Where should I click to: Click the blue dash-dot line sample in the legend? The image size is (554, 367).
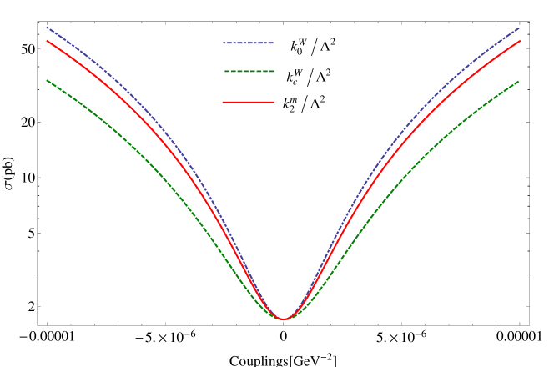(248, 43)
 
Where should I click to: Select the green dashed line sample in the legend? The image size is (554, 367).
(249, 72)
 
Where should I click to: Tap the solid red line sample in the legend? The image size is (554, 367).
(248, 102)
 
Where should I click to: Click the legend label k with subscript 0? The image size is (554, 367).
(297, 47)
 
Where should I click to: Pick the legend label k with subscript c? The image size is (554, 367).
(294, 77)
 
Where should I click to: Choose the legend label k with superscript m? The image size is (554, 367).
(289, 104)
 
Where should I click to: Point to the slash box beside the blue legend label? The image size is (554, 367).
(314, 48)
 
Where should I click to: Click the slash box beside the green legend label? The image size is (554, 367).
(310, 78)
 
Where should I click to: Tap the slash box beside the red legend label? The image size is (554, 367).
(304, 104)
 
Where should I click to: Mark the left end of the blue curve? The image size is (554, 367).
(47, 27)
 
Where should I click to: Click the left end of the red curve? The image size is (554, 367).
(47, 40)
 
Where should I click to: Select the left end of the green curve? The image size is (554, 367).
(47, 80)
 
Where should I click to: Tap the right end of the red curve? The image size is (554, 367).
(520, 40)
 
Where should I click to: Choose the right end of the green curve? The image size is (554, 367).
(520, 81)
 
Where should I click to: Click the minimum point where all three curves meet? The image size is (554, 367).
(284, 319)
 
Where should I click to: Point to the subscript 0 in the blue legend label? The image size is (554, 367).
(299, 52)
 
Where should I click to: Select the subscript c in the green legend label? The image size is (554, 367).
(295, 82)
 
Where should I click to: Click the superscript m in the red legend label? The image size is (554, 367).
(293, 100)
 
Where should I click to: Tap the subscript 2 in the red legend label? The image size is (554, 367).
(290, 109)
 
